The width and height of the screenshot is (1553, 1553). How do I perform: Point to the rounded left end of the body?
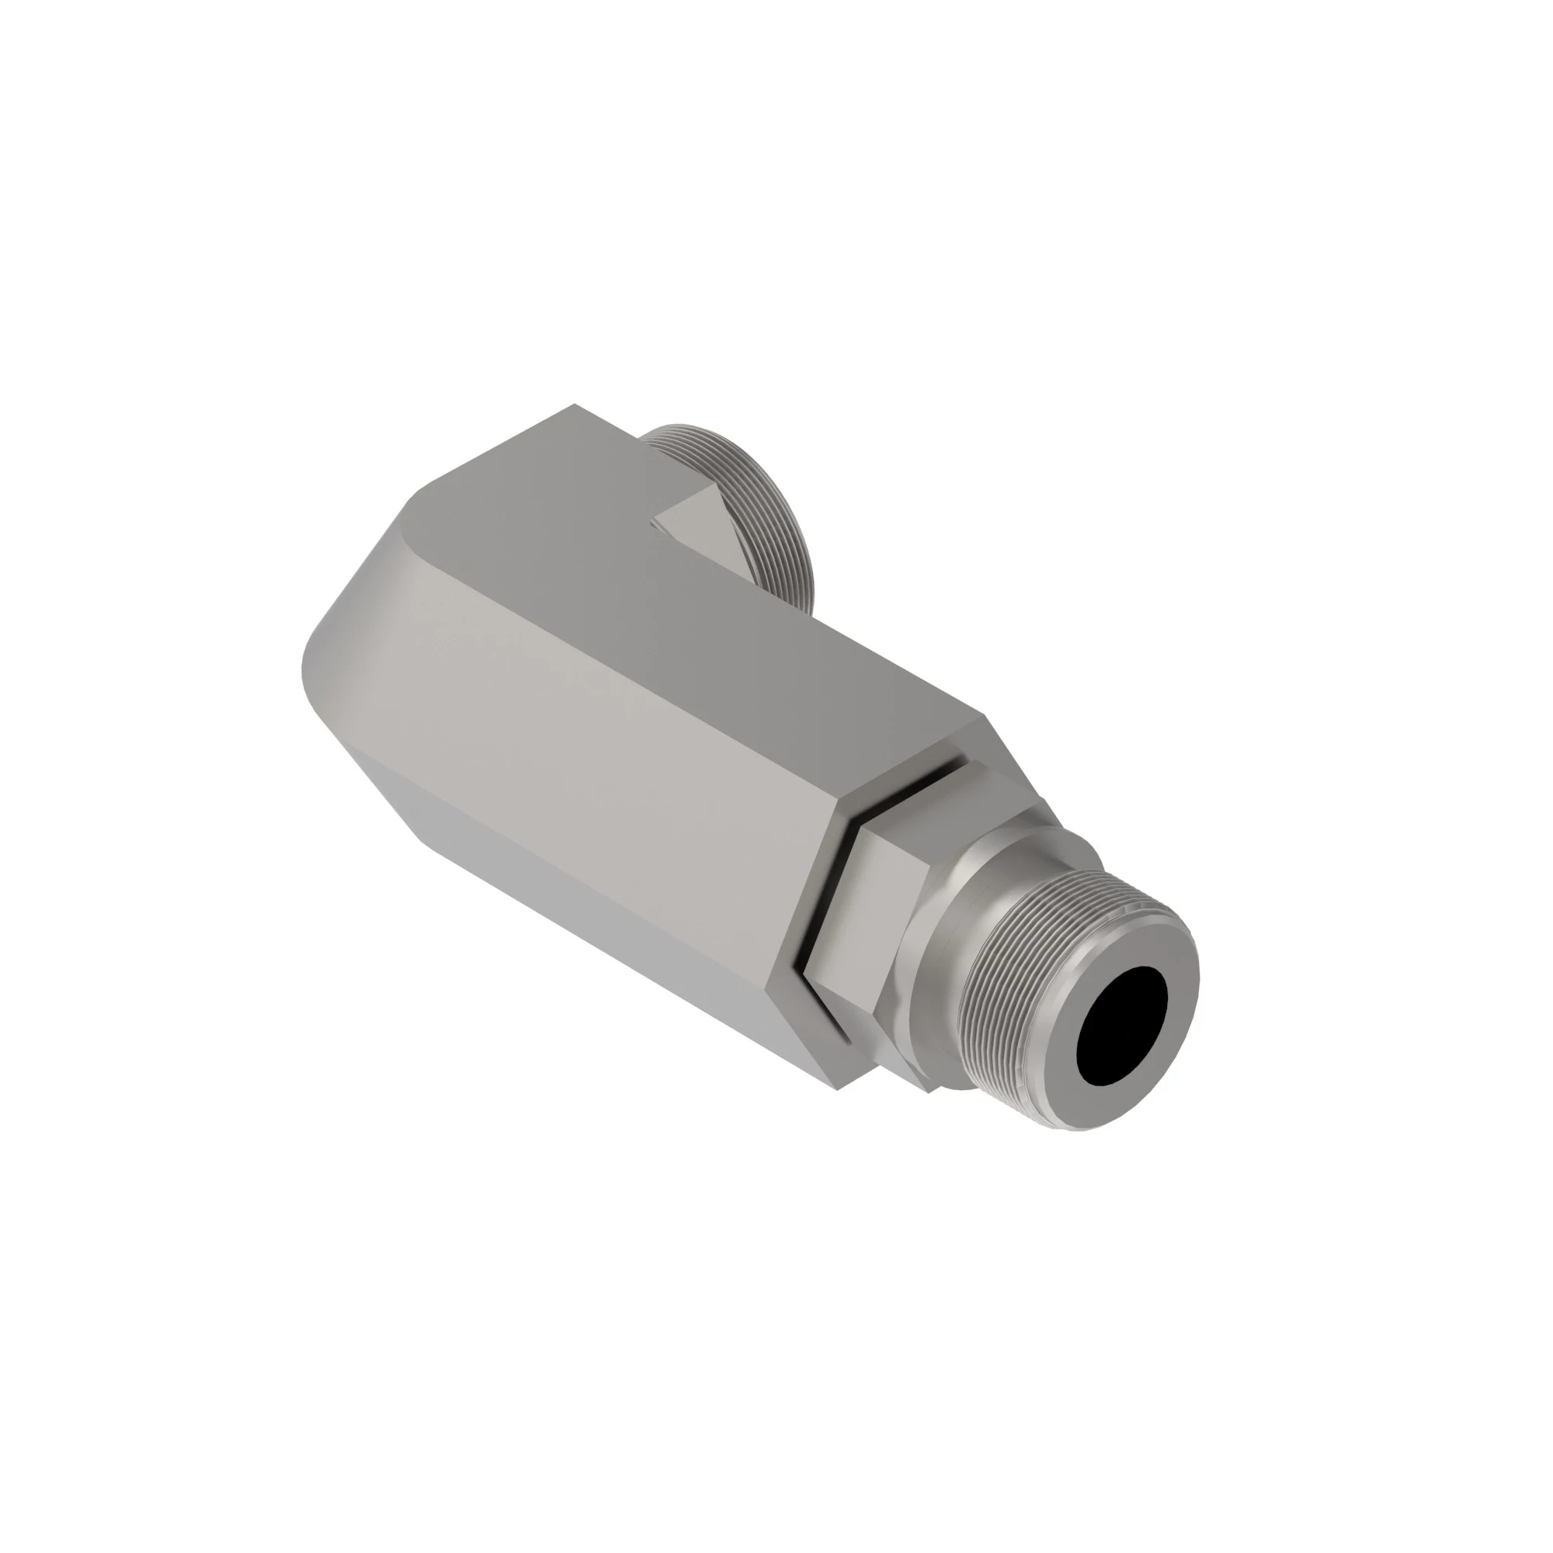click(338, 643)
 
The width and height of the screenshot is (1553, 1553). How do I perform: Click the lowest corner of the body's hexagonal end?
click(836, 1090)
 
